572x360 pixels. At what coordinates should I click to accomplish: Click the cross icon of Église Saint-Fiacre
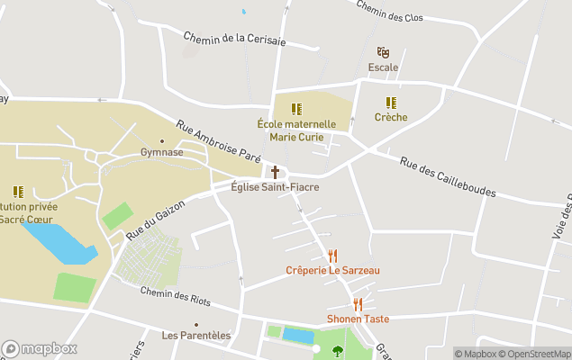(275, 172)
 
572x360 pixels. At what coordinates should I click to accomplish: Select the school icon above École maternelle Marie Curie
(296, 109)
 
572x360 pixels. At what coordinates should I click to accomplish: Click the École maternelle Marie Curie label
(296, 130)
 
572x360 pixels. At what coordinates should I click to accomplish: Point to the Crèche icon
(391, 103)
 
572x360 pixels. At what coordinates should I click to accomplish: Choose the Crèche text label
(391, 117)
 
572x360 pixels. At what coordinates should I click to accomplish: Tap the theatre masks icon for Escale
(383, 53)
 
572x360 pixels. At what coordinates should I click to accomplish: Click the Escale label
(383, 67)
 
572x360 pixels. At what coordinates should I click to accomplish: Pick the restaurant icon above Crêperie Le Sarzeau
(332, 256)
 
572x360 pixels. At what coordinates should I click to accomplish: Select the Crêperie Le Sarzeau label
(332, 270)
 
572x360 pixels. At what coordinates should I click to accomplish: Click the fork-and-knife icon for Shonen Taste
(358, 304)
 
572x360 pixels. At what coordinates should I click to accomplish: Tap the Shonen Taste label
(358, 319)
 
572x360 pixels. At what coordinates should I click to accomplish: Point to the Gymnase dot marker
(162, 140)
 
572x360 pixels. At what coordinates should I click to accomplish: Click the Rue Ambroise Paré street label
(218, 142)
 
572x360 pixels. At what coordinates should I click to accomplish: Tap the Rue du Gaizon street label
(155, 219)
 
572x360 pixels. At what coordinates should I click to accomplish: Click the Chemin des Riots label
(176, 296)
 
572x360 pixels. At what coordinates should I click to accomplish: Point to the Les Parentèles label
(195, 336)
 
